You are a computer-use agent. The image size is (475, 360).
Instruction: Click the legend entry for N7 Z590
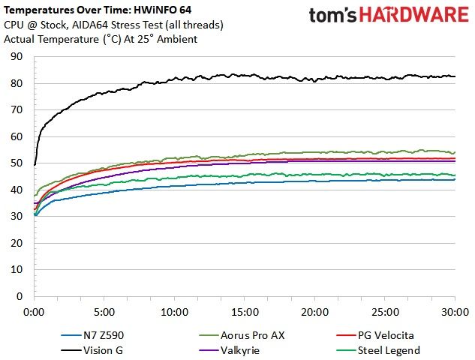(92, 335)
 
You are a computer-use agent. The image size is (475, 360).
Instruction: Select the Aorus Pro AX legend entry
(242, 335)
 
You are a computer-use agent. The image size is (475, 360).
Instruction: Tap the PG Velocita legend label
(386, 335)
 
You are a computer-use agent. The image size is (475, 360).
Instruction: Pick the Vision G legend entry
(92, 350)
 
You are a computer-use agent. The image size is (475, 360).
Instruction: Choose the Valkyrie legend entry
(230, 350)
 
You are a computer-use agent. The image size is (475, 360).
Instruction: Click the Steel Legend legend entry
(378, 350)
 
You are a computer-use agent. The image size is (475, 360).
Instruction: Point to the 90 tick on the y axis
(17, 56)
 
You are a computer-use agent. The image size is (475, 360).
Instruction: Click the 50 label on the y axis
(17, 163)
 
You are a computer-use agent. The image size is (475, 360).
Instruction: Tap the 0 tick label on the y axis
(20, 296)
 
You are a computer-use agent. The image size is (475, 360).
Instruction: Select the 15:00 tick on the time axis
(245, 312)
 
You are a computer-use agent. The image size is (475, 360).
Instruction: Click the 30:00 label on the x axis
(455, 312)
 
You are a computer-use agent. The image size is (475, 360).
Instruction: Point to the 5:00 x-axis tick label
(104, 312)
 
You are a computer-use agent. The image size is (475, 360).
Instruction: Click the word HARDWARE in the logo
(414, 15)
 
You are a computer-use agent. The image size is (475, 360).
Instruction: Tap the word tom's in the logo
(332, 16)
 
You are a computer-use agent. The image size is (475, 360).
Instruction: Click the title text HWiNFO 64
(162, 10)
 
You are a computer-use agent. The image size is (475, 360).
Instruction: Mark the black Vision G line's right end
(455, 76)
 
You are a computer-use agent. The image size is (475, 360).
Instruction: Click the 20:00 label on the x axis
(314, 312)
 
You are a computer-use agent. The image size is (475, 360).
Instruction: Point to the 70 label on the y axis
(17, 110)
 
